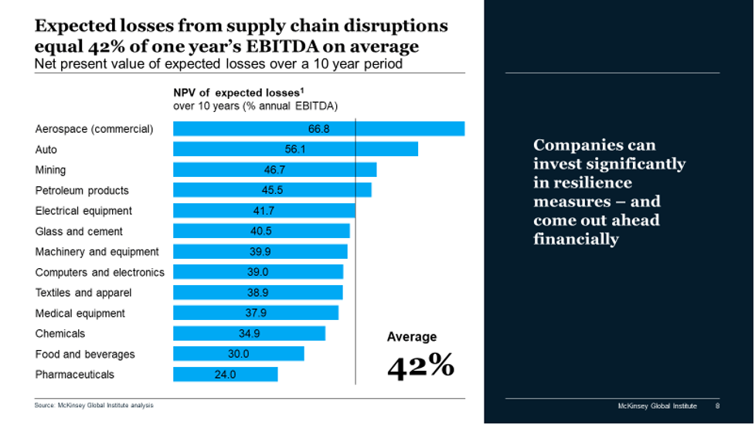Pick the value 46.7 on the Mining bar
click(275, 170)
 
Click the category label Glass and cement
click(79, 231)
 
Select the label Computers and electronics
click(100, 272)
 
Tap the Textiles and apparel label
click(83, 293)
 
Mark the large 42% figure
click(420, 365)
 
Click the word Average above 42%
click(412, 337)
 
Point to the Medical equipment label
click(80, 313)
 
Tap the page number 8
click(717, 406)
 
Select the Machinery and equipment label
click(97, 252)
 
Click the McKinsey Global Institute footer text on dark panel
click(657, 406)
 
